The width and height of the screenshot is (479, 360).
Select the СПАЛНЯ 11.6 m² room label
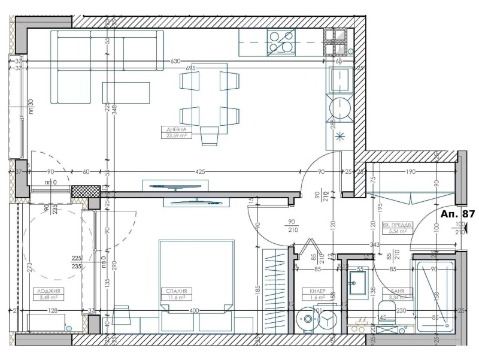click(173, 293)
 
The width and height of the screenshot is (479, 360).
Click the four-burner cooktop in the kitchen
click(281, 42)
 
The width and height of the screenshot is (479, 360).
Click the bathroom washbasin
click(360, 285)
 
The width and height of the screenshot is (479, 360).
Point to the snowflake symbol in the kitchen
click(341, 135)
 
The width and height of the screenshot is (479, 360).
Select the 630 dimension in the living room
click(175, 61)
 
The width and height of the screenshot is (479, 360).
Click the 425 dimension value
click(200, 172)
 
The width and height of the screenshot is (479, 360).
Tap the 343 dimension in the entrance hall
click(375, 244)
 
